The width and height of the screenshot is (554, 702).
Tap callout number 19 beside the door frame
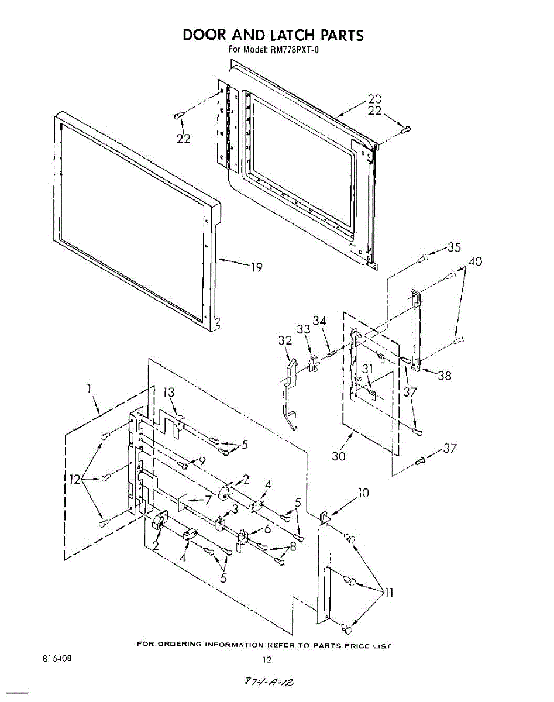click(256, 268)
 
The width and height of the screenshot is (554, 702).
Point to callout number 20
click(374, 99)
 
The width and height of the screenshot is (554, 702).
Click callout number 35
click(454, 247)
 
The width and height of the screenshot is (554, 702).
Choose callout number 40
click(475, 262)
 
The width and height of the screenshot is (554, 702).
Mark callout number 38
click(445, 376)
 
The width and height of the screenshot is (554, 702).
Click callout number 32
click(285, 340)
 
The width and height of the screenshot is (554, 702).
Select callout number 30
click(339, 456)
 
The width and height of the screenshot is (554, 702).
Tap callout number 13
click(169, 393)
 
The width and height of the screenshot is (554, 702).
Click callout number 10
click(363, 493)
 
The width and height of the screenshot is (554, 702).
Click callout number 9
click(202, 460)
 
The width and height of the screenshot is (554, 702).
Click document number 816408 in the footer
click(57, 658)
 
